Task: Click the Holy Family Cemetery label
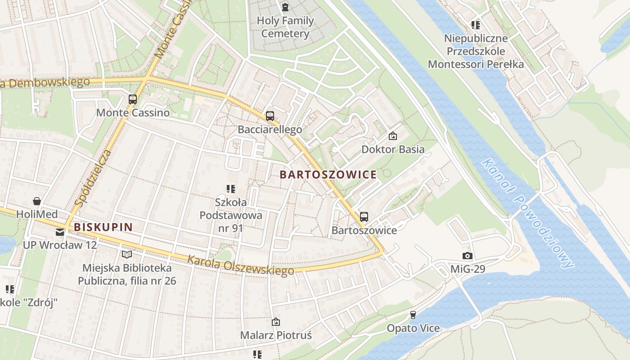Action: coord(285,27)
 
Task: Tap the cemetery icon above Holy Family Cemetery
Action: coord(285,7)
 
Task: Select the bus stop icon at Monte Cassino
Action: coord(133,99)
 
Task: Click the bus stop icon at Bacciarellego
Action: coord(270,116)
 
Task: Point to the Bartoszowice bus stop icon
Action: coord(364,217)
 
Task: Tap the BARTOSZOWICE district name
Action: coord(328,175)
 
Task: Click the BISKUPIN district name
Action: coord(103,227)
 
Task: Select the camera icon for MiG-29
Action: coord(468,256)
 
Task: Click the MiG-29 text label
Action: coord(468,270)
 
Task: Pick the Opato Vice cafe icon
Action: coord(413,315)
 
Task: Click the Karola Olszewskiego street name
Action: coord(240,265)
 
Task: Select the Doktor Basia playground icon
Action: coord(393,135)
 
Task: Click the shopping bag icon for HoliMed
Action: coord(36,201)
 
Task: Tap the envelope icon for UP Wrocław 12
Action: coord(59,232)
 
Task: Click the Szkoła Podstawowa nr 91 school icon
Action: coord(231,189)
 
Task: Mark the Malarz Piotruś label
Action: coord(276,335)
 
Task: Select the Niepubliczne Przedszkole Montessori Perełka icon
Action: coord(476,25)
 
